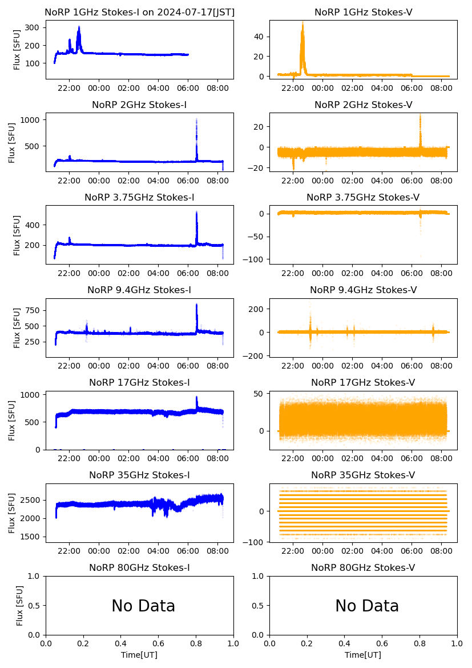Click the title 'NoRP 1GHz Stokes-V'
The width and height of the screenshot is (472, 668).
click(x=364, y=12)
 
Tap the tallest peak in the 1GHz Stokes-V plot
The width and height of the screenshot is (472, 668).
click(x=302, y=23)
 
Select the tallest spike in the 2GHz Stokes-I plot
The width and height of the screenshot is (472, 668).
click(x=196, y=120)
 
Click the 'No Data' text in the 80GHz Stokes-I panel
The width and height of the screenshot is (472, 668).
click(x=143, y=606)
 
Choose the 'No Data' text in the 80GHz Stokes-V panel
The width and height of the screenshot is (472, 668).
click(x=367, y=606)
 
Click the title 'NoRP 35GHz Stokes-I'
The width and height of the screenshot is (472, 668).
click(x=139, y=475)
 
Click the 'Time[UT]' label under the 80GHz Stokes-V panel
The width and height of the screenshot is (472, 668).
click(x=364, y=655)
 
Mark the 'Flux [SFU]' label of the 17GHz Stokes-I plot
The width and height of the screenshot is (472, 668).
click(x=12, y=421)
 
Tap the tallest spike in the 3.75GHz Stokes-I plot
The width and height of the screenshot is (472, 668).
click(x=196, y=212)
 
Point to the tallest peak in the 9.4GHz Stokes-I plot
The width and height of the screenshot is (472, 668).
click(x=196, y=305)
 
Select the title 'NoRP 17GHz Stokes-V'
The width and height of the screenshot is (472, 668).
click(x=363, y=382)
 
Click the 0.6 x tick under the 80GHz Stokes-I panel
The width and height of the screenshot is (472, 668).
click(x=159, y=644)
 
